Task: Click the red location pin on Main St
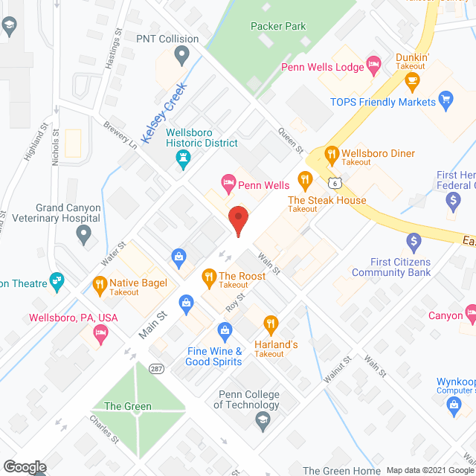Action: pos(237,221)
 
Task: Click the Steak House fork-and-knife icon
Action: pos(304,178)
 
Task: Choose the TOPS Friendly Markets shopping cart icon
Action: pos(446,98)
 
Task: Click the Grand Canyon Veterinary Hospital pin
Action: pos(84,234)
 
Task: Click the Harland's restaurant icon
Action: pos(271,324)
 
